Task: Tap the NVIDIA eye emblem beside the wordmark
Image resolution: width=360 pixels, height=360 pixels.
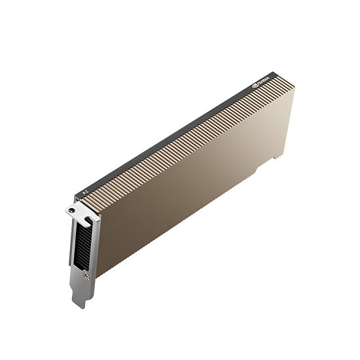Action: (x=255, y=85)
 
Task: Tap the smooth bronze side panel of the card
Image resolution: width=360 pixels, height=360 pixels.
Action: (x=190, y=190)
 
